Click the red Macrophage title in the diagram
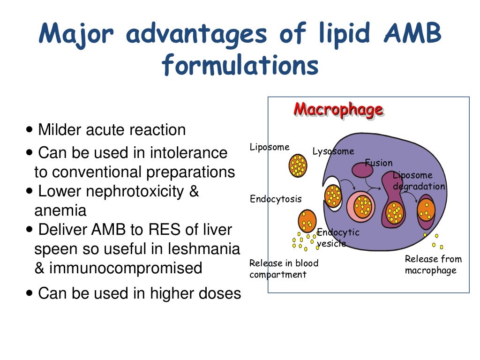(338, 109)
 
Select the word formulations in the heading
(240, 66)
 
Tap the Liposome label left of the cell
(270, 147)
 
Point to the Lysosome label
(333, 151)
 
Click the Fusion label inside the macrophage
(379, 163)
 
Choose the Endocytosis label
(276, 199)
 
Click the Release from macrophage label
(433, 265)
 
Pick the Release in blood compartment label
(284, 269)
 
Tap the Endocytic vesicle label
(338, 238)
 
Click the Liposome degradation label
(419, 181)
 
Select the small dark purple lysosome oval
(362, 170)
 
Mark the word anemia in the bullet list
(60, 211)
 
